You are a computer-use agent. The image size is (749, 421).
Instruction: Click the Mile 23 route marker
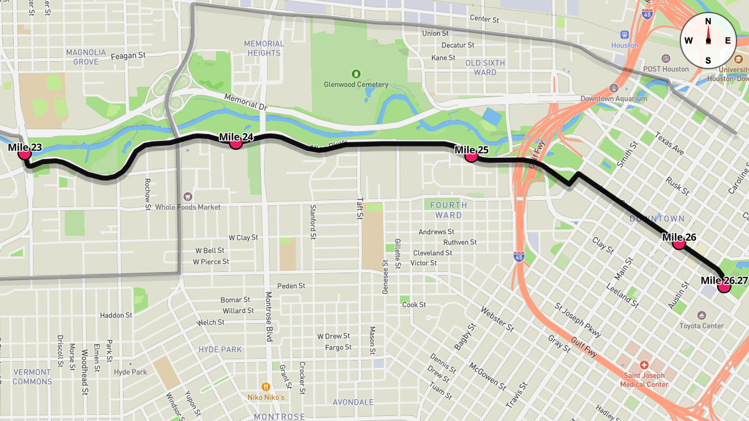(25, 152)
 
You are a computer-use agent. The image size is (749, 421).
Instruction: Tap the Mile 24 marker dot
(235, 142)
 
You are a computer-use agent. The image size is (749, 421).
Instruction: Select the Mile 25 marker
(471, 156)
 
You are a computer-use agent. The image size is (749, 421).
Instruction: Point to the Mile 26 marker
(678, 243)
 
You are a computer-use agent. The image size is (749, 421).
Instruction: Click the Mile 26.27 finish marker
(724, 286)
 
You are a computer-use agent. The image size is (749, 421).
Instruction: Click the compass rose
(708, 41)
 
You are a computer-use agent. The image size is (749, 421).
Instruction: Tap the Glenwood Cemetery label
(356, 84)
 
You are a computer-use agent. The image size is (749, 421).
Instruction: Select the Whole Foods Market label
(188, 206)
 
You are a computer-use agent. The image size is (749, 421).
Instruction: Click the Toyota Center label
(702, 326)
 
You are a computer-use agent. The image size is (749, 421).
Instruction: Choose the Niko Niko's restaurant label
(265, 397)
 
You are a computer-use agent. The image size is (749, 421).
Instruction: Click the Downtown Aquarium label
(614, 99)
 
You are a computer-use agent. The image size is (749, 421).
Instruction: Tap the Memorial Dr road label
(245, 103)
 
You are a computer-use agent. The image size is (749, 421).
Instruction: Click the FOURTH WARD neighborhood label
(448, 210)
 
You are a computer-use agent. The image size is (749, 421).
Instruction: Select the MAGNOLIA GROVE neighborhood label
(86, 57)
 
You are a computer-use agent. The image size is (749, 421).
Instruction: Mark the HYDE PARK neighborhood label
(220, 349)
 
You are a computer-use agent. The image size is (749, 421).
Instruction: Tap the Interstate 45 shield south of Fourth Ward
(519, 256)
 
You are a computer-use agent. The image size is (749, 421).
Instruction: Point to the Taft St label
(360, 209)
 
